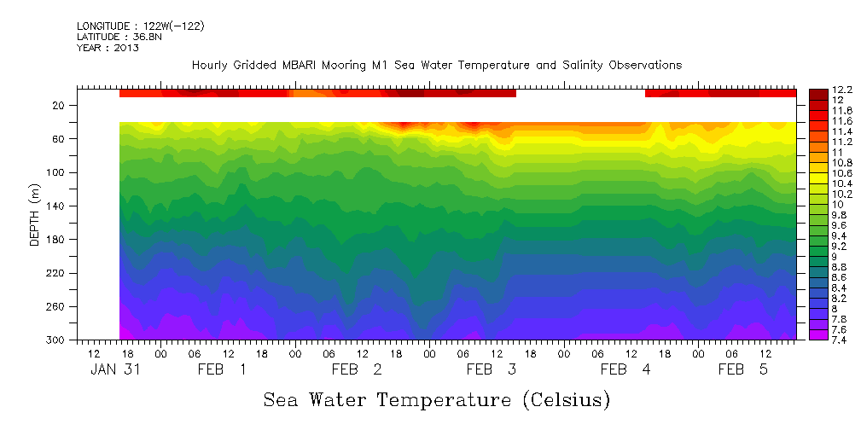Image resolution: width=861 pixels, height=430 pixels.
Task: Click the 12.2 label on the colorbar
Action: (841, 90)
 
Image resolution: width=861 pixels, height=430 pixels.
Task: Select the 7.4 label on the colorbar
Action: (838, 340)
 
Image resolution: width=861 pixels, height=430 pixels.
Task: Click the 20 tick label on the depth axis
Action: (60, 106)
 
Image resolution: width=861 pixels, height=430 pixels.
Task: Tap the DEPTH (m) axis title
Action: (35, 217)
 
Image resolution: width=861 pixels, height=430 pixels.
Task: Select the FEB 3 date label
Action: (491, 369)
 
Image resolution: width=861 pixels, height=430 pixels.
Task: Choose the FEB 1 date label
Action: (222, 369)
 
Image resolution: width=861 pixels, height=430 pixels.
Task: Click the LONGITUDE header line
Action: (140, 26)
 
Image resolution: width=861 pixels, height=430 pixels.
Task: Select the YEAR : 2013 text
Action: (108, 48)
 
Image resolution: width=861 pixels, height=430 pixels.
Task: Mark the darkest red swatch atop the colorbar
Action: (817, 90)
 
